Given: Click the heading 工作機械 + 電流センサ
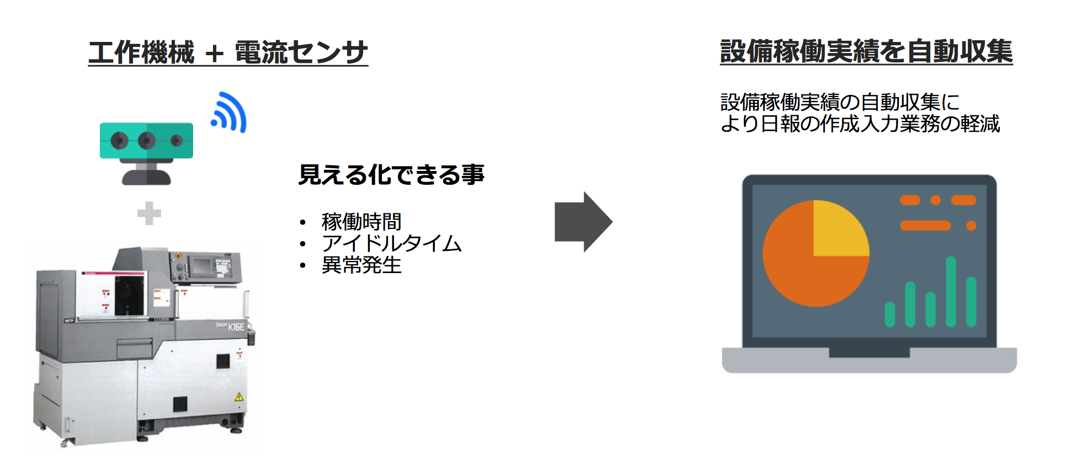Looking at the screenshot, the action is [x=228, y=52].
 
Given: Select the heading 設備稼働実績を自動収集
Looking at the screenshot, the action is [x=866, y=51].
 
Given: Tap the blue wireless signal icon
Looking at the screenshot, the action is [x=229, y=113].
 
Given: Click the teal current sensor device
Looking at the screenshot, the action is [x=146, y=153].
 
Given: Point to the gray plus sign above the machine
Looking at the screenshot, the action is [x=149, y=213].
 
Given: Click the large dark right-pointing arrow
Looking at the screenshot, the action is [x=583, y=222].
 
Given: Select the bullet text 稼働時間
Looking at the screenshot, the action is [x=361, y=222].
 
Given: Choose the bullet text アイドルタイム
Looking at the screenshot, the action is [x=391, y=243].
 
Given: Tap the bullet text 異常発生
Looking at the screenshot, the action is [x=361, y=265].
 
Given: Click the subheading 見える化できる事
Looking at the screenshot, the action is [x=391, y=175].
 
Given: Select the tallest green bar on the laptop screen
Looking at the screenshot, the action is [x=951, y=292].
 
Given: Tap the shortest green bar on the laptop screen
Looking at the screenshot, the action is [x=889, y=314].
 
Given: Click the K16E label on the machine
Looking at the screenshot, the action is [x=236, y=327].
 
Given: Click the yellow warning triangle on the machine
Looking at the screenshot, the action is [x=239, y=397].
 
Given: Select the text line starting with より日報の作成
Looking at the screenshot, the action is [x=860, y=124].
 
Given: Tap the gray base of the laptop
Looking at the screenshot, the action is [x=869, y=360].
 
